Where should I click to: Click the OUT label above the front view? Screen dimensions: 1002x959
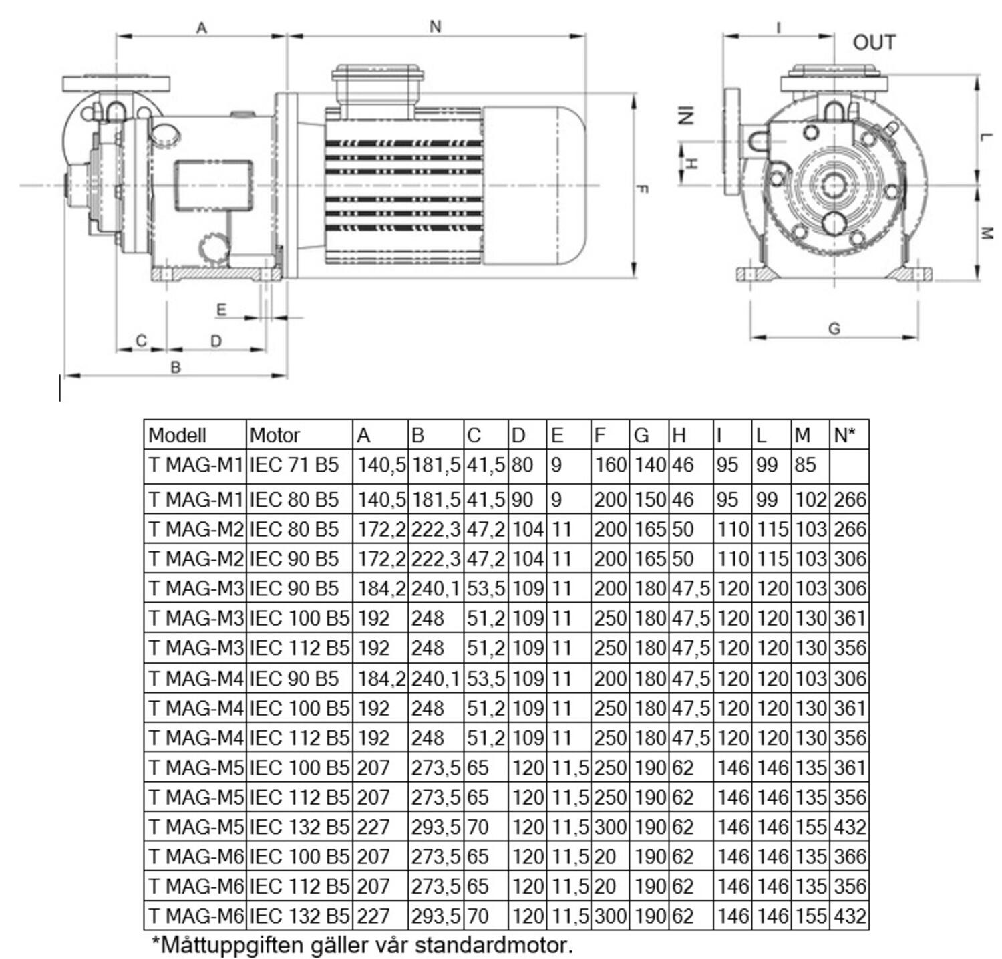pos(874,43)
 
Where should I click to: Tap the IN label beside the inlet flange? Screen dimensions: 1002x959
pos(686,116)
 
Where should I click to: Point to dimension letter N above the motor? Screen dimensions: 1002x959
pos(436,27)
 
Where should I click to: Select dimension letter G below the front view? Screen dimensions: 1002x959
pos(834,329)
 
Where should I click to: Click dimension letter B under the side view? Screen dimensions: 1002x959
pos(176,368)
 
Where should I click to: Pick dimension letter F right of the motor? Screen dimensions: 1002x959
pos(642,189)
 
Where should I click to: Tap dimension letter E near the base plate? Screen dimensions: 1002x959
pos(222,310)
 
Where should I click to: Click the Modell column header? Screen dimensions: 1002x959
pos(177,436)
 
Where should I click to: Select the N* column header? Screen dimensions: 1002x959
pos(844,435)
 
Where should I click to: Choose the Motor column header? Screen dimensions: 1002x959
pos(275,436)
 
